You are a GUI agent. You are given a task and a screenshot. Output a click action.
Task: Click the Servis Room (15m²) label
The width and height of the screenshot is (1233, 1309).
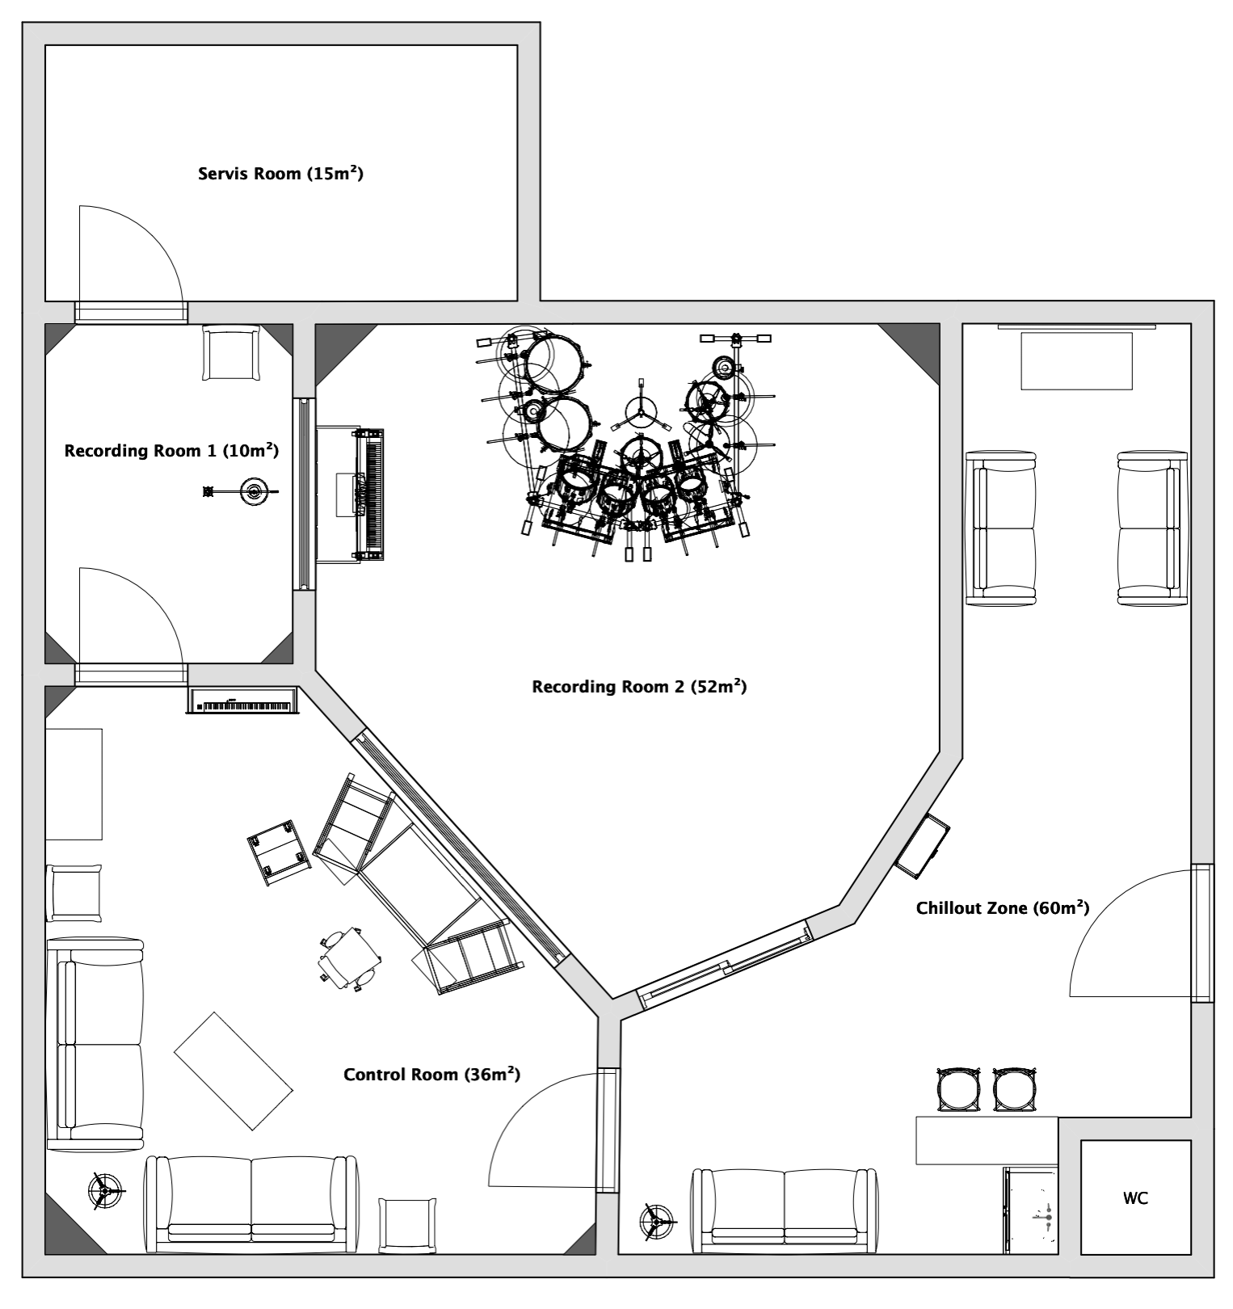(280, 173)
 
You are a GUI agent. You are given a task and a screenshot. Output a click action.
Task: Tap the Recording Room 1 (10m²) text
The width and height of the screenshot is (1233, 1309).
(171, 450)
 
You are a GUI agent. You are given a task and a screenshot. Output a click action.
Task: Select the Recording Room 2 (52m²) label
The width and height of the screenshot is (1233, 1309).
(639, 687)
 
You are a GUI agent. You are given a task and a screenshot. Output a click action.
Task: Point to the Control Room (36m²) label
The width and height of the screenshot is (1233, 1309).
(431, 1074)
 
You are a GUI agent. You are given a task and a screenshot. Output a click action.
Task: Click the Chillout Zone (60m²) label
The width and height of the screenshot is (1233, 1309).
(1003, 907)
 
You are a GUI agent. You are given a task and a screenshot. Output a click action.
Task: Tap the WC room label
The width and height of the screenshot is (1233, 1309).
(1135, 1198)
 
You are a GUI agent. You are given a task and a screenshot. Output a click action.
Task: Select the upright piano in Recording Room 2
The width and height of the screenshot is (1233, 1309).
(351, 495)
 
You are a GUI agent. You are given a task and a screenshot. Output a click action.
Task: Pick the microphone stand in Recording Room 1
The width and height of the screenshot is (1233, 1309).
(242, 491)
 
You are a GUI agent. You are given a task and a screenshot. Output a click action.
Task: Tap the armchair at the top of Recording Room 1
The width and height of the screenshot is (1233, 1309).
(231, 351)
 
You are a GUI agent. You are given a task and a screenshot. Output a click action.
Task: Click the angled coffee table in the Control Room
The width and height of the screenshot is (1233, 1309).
(234, 1071)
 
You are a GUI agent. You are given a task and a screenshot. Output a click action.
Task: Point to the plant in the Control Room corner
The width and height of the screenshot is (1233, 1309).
(105, 1190)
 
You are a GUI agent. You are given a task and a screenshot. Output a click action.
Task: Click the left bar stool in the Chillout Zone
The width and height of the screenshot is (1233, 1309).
(958, 1090)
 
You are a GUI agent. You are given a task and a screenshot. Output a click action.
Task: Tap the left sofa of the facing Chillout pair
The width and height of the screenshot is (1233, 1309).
(1001, 528)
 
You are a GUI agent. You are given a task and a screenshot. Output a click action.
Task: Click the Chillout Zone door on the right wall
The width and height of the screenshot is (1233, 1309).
(1202, 933)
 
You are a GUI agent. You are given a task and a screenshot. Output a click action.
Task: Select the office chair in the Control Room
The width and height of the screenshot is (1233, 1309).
(350, 958)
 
